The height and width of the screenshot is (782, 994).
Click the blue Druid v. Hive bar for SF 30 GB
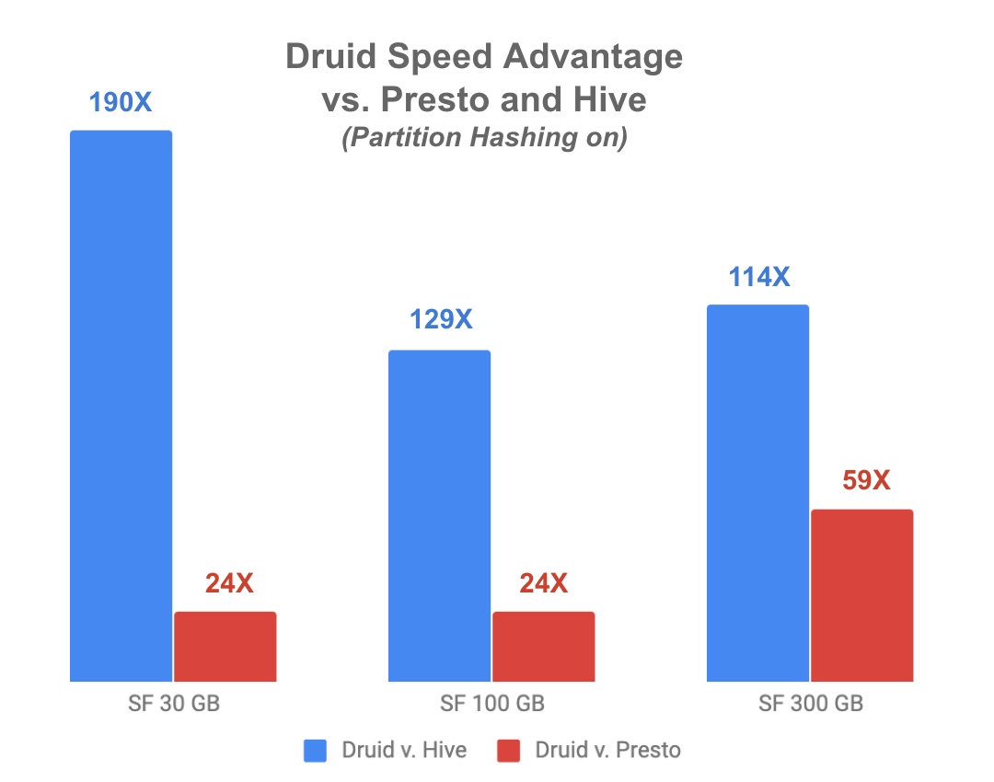[x=121, y=406]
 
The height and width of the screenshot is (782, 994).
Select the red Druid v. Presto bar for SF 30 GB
[x=225, y=647]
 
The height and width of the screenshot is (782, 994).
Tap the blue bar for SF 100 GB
[x=439, y=516]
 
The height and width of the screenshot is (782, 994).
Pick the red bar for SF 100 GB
[x=544, y=647]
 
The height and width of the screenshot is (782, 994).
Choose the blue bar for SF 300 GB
[x=757, y=493]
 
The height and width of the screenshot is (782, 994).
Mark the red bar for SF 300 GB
[x=861, y=595]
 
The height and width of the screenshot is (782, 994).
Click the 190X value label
[x=121, y=101]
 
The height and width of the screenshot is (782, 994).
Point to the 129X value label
[x=439, y=320]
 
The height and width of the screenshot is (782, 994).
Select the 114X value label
[x=758, y=276]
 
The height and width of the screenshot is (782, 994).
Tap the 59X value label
[x=862, y=480]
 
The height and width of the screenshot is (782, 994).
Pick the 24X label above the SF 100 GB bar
[x=544, y=583]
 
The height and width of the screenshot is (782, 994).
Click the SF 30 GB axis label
[x=174, y=705]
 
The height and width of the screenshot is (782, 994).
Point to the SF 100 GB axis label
[x=492, y=705]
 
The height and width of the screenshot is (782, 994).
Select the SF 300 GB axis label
[x=811, y=705]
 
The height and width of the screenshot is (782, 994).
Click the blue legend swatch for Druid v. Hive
[x=315, y=752]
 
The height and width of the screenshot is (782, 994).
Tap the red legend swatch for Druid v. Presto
[x=509, y=752]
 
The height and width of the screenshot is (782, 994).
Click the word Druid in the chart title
[x=334, y=57]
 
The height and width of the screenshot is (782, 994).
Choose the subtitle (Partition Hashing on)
[x=484, y=138]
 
